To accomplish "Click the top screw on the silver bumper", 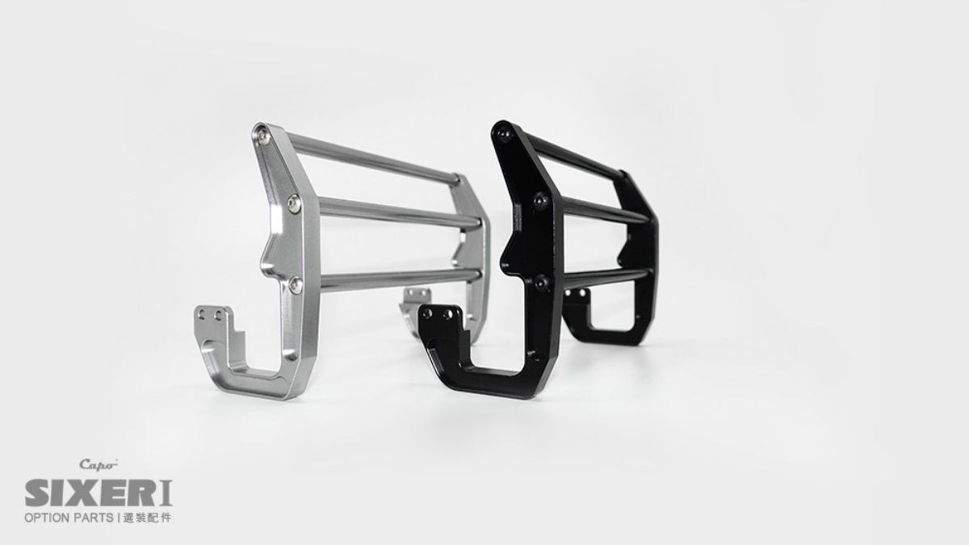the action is click(262, 136).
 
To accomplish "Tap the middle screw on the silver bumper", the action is click(294, 203).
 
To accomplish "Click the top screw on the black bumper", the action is click(504, 134).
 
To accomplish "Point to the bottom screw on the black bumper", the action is click(541, 283).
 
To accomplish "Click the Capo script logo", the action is click(99, 464).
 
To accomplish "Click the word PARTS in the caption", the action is click(92, 518).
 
